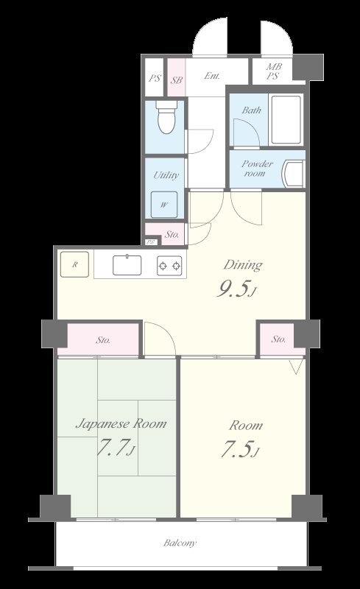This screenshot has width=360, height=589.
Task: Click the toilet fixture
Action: click(166, 116)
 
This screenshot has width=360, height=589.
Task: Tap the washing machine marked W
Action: click(164, 205)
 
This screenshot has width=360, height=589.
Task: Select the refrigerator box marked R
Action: click(74, 264)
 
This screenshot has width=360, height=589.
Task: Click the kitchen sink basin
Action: click(127, 265)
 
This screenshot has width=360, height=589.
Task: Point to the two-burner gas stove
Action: click(169, 266)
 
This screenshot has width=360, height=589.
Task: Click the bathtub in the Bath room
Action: click(286, 120)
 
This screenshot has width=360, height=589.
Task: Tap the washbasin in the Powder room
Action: click(294, 174)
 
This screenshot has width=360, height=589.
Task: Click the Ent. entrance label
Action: click(212, 76)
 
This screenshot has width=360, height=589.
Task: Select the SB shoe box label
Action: click(177, 80)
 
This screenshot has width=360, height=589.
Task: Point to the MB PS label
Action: click(274, 71)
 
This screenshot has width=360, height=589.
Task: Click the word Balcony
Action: click(180, 543)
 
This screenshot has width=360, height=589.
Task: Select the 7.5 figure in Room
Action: click(239, 449)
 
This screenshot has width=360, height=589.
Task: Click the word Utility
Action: click(166, 175)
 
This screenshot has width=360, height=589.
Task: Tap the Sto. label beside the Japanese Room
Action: click(103, 340)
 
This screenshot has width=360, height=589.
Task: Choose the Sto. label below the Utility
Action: click(172, 234)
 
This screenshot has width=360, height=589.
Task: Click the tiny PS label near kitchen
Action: click(151, 242)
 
